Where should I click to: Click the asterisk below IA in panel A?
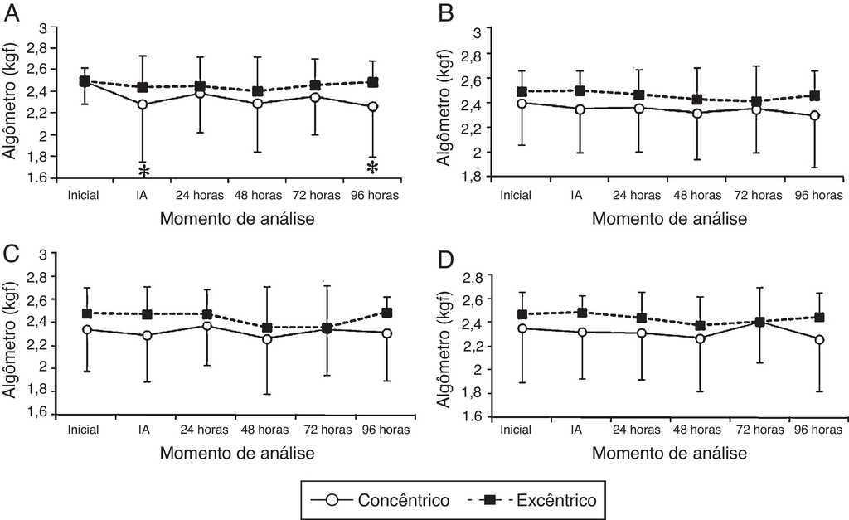144,170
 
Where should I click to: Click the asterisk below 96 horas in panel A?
373,167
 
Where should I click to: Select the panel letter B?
445,14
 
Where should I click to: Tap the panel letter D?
445,260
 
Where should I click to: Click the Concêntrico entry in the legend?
404,500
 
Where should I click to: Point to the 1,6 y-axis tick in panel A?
38,177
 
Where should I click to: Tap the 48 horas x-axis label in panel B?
696,196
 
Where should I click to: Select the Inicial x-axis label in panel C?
84,429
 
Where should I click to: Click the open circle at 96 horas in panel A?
373,107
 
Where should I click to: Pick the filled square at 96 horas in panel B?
814,96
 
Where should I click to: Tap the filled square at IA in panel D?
583,313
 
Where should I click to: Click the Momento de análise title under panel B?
669,219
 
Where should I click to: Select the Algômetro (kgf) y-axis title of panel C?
10,333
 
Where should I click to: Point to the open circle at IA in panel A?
143,104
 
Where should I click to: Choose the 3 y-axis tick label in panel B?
478,32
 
